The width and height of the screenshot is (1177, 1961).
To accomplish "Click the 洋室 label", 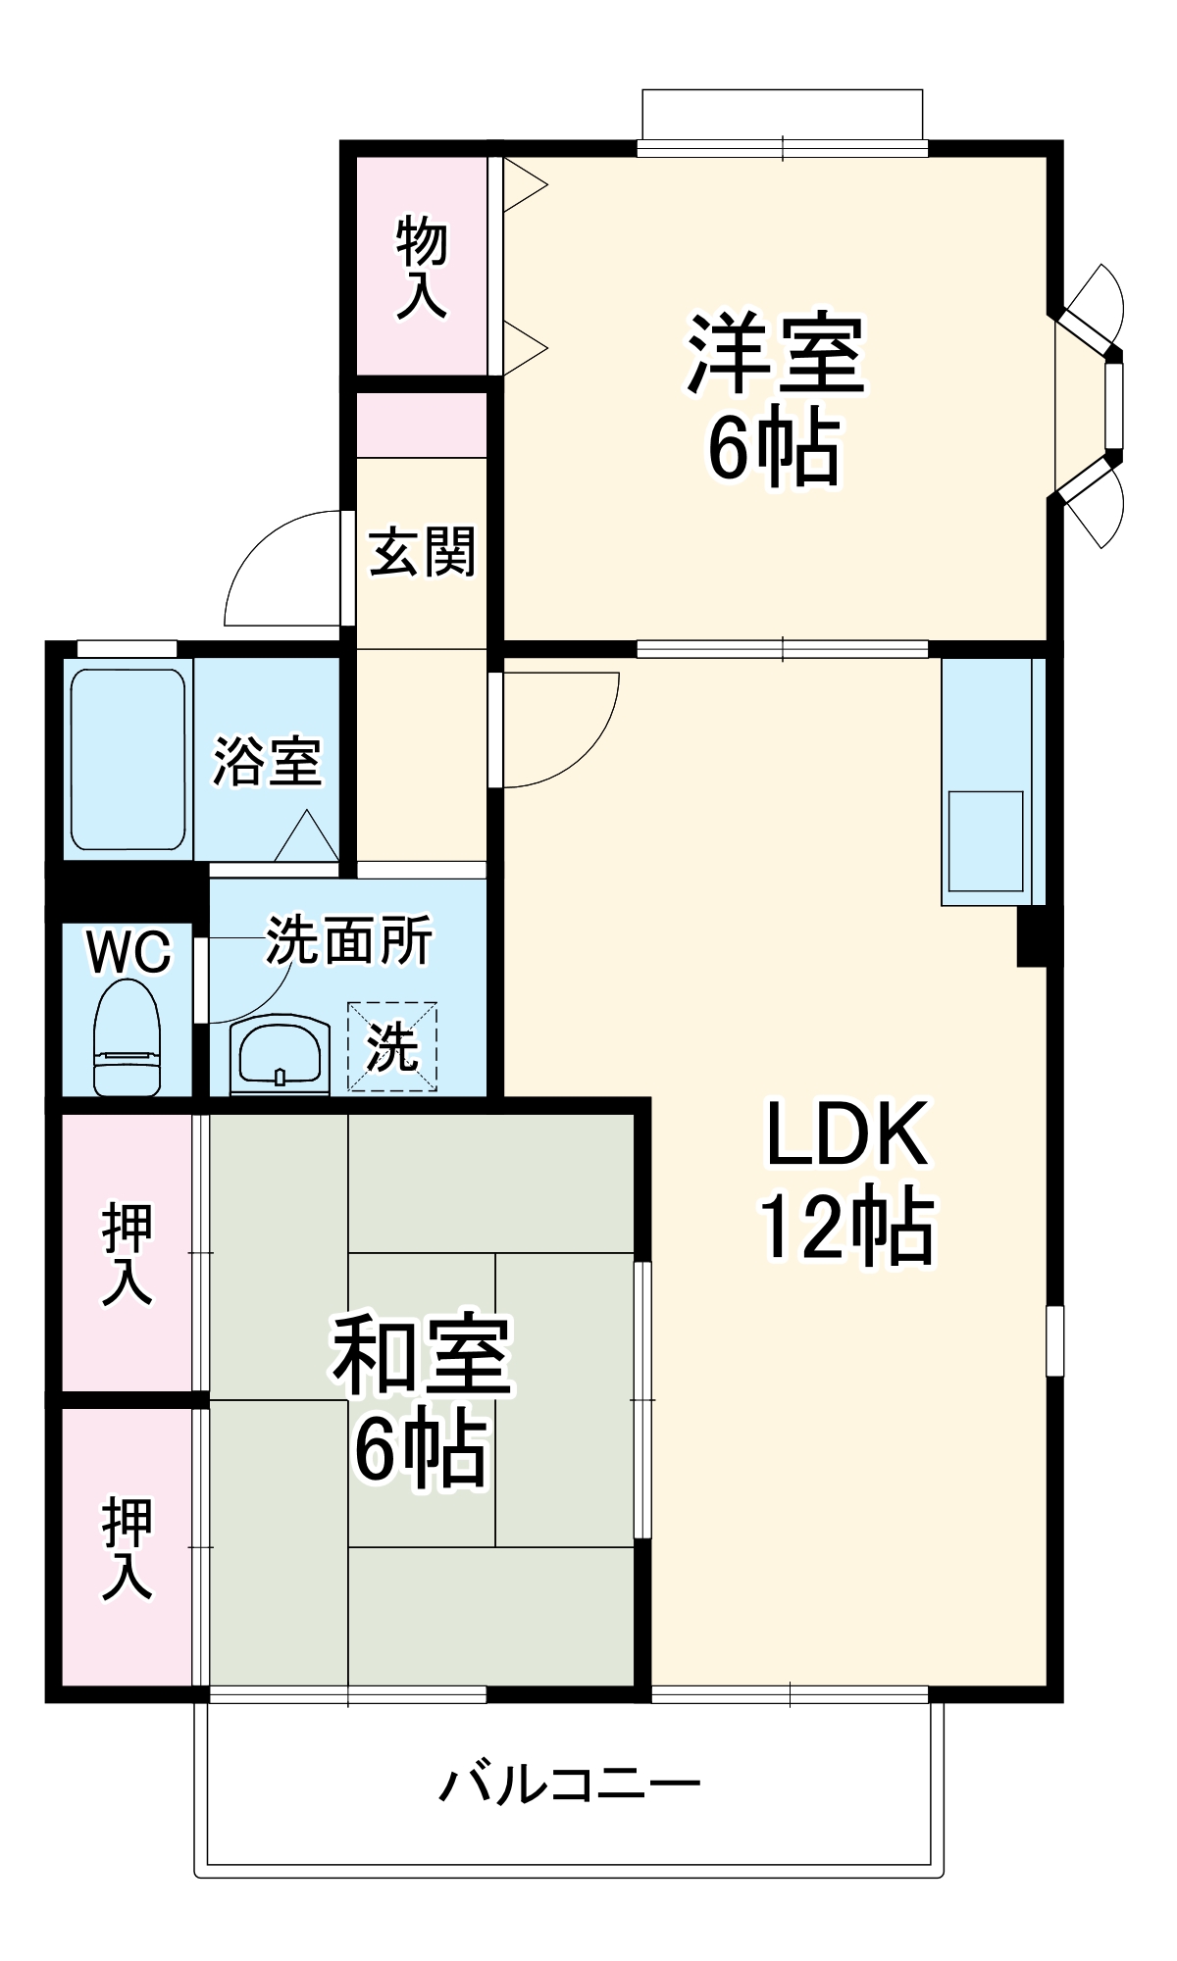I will tap(774, 353).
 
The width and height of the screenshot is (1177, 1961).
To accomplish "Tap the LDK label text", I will tap(845, 1134).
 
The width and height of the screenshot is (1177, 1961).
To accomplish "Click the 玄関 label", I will tap(422, 551).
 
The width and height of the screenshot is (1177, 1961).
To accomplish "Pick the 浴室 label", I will tap(267, 762).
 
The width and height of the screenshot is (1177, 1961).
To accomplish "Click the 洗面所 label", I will tap(349, 941).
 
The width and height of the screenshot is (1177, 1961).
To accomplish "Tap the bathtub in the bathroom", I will tap(128, 760).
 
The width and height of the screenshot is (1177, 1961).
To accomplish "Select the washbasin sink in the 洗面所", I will tap(280, 1054).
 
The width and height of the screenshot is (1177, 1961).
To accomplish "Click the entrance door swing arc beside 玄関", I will tap(280, 569).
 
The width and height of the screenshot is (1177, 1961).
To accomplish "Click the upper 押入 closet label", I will tap(128, 1254).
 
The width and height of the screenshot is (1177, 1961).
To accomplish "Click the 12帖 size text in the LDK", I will tap(845, 1226).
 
